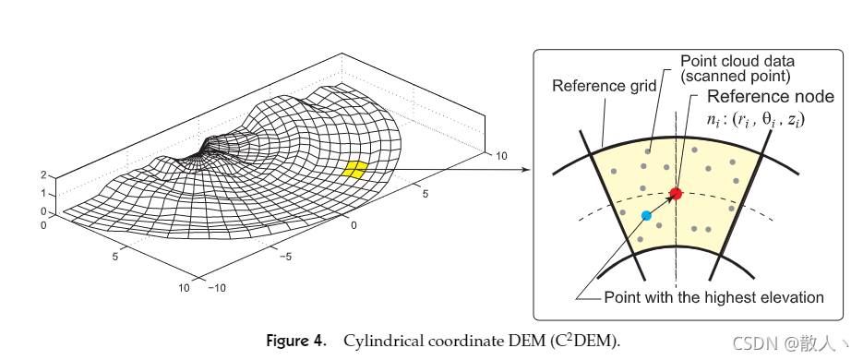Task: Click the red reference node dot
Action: click(675, 193)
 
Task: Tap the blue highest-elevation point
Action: click(646, 215)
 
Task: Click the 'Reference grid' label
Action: click(604, 86)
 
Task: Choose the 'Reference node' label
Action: click(770, 97)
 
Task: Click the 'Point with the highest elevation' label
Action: click(713, 297)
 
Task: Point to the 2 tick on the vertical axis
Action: click(42, 174)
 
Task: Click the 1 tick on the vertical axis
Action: click(42, 193)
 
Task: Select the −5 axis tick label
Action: click(287, 255)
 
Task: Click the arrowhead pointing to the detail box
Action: click(525, 169)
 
